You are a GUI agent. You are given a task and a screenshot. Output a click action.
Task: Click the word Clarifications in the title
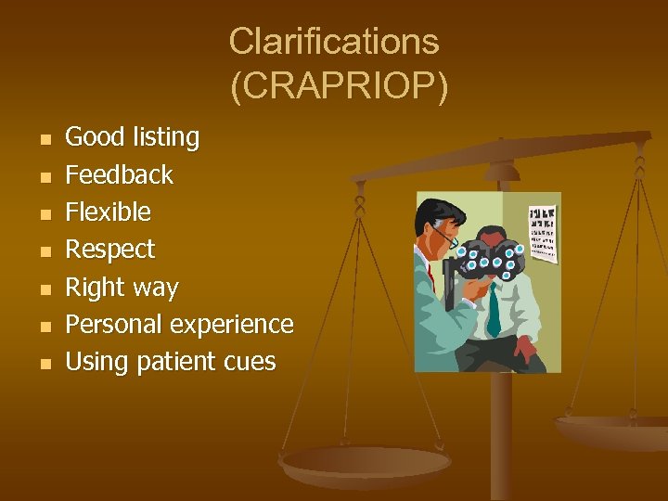tap(334, 41)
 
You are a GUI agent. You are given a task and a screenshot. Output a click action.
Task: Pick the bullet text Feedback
tap(119, 174)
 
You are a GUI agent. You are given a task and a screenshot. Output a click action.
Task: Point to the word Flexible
tap(108, 212)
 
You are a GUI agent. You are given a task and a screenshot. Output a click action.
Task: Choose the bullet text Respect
tap(109, 250)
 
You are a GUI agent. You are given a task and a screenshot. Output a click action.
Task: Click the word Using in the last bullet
tap(97, 362)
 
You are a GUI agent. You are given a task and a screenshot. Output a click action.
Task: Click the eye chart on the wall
tap(542, 233)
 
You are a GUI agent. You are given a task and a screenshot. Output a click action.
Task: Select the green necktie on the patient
tap(494, 310)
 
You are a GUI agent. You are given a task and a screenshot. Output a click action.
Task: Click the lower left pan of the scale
tap(366, 461)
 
